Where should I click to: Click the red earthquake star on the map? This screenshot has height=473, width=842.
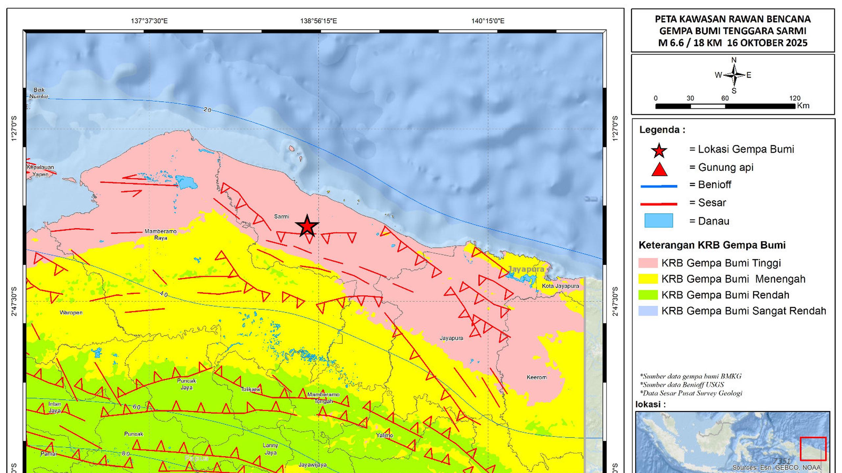[x=307, y=226]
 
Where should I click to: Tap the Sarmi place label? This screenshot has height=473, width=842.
[x=282, y=216]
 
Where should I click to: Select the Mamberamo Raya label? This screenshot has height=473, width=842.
[x=161, y=235]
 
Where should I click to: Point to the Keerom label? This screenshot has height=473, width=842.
[x=536, y=377]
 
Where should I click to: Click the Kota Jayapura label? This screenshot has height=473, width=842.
[x=560, y=286]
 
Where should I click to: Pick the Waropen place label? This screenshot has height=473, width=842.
[x=71, y=313]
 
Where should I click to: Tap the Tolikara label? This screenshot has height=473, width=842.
[x=251, y=389]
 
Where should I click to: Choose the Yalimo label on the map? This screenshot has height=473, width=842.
[x=384, y=436]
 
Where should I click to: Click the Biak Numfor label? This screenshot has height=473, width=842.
[x=39, y=93]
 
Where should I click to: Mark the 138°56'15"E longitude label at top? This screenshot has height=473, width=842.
[x=318, y=21]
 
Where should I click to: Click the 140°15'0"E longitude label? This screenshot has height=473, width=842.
[x=488, y=21]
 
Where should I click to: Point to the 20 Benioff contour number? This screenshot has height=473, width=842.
[x=207, y=110]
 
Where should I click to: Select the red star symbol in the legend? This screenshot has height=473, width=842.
[x=659, y=151]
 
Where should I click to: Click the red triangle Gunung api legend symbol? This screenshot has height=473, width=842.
[x=659, y=170]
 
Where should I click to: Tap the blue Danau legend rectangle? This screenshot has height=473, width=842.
[x=658, y=220]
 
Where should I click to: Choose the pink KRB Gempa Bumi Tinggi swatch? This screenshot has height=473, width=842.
[x=648, y=263]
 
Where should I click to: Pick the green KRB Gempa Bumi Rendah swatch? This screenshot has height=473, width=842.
[x=648, y=295]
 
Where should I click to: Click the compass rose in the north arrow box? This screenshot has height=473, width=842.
[x=734, y=75]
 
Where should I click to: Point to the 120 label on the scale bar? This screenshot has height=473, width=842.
[x=794, y=98]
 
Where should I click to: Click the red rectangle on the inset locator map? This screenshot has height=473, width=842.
[x=813, y=449]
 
